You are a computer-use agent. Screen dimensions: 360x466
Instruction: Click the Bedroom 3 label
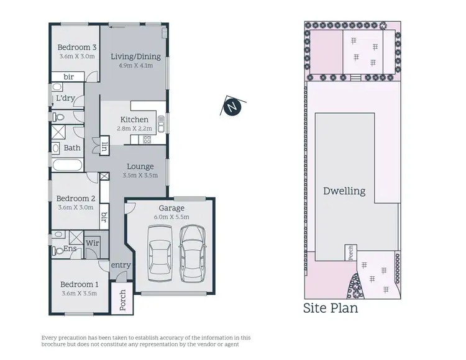[77, 47]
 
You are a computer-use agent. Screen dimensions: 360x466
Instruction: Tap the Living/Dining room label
[135, 56]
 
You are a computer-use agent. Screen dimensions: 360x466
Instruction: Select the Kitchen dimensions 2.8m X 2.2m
[134, 128]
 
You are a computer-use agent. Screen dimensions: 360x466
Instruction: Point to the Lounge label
[140, 166]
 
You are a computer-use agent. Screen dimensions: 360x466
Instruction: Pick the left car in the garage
[159, 254]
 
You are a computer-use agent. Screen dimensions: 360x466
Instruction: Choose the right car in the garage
[191, 253]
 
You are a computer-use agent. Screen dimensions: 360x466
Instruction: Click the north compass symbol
[232, 107]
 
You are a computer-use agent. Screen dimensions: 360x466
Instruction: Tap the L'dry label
[66, 99]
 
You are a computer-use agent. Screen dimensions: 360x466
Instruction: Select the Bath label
[72, 148]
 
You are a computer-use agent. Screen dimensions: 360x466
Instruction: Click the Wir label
[92, 243]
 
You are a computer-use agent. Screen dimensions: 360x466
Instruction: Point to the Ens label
[70, 249]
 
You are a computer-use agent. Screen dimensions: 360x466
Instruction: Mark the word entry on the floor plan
[121, 265]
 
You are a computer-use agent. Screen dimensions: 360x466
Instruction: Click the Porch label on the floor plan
[122, 300]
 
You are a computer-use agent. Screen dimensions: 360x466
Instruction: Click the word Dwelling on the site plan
[344, 191]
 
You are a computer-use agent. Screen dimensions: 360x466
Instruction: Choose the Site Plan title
[331, 308]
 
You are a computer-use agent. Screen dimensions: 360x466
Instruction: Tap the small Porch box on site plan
[350, 253]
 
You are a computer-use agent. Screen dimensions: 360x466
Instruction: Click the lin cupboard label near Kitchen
[105, 147]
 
